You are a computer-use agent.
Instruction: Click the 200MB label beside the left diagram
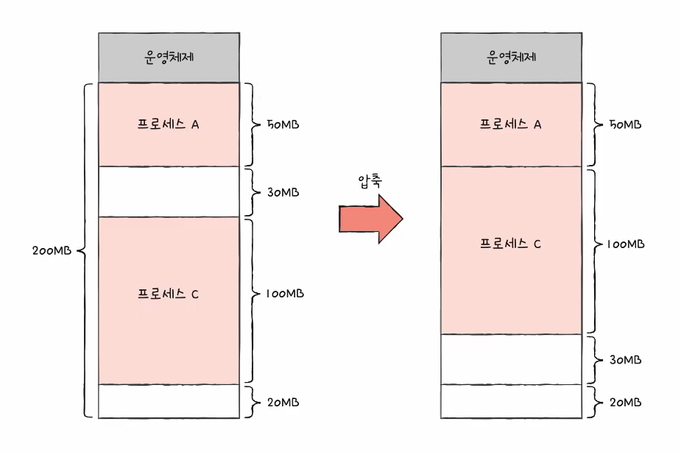[52, 250]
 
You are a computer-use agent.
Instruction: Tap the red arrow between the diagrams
[371, 219]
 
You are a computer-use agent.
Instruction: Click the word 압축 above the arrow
[370, 180]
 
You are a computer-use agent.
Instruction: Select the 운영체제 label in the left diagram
[169, 57]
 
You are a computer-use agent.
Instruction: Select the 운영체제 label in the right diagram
[511, 57]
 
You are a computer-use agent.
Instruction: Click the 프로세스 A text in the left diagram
[168, 124]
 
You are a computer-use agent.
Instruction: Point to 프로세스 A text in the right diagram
[510, 124]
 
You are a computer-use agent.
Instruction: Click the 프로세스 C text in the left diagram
[168, 294]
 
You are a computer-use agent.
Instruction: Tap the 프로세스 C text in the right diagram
[510, 244]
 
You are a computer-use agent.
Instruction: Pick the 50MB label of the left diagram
[283, 124]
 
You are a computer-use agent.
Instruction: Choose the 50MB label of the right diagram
[625, 124]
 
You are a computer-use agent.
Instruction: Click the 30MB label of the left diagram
[283, 192]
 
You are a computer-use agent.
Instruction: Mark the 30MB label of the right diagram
[625, 359]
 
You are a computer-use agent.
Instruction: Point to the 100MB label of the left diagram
[285, 294]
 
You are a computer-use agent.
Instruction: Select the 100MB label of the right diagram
[626, 244]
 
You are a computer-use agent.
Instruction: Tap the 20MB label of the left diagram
[283, 403]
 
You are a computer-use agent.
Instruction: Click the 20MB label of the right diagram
[625, 403]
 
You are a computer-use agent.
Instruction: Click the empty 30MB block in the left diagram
[169, 191]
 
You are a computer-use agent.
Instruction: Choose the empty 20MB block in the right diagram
[511, 401]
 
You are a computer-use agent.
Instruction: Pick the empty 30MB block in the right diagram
[511, 359]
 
